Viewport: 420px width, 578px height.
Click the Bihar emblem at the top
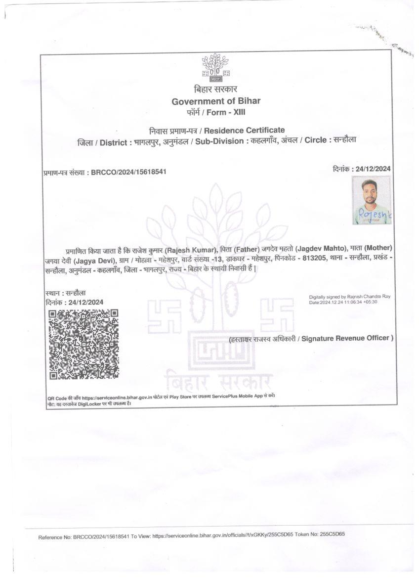click(216, 68)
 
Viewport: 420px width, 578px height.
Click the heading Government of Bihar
click(216, 101)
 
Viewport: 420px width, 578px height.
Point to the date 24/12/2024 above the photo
click(373, 169)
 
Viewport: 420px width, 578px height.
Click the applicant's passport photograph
click(372, 200)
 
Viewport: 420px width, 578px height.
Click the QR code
click(83, 344)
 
